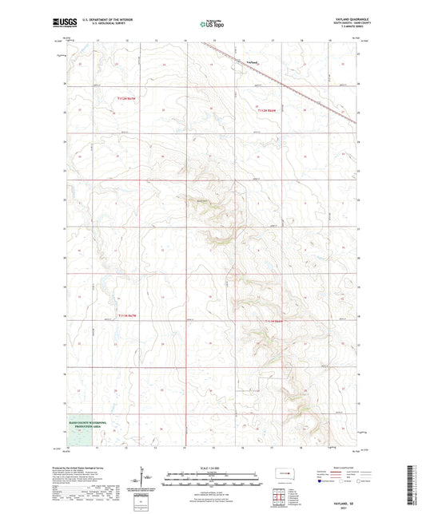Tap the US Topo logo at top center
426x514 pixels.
pyautogui.click(x=212, y=25)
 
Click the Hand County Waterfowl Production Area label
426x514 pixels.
pyautogui.click(x=83, y=426)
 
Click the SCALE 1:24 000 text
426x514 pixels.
pyautogui.click(x=212, y=457)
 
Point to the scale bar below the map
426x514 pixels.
pyautogui.click(x=212, y=465)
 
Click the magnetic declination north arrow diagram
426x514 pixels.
pyautogui.click(x=145, y=471)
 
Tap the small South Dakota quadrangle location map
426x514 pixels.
pyautogui.click(x=281, y=470)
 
